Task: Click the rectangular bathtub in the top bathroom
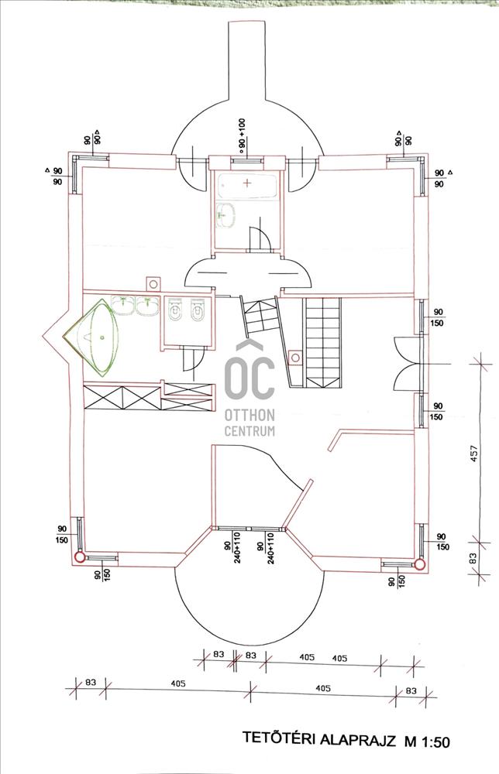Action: coord(246,186)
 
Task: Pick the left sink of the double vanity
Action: coord(122,306)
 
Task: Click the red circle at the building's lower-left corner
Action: coord(78,558)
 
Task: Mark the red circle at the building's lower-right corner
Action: coord(420,564)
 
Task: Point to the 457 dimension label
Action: coord(474,454)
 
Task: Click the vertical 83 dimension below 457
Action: coord(473,558)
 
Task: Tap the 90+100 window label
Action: coord(242,134)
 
